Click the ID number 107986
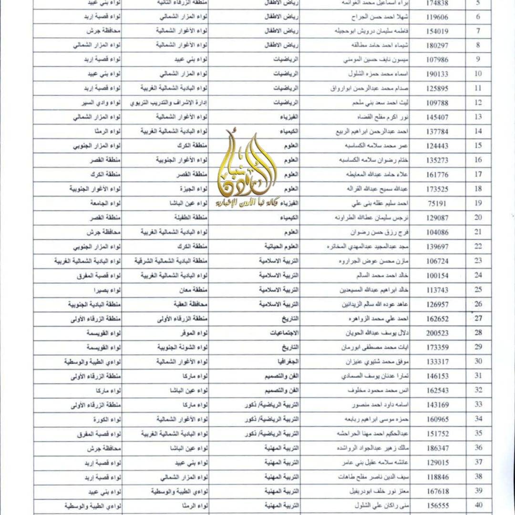click(437, 60)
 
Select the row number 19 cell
click(479, 203)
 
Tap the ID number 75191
click(437, 203)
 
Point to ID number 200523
click(437, 332)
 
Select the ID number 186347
click(437, 447)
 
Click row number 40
click(479, 505)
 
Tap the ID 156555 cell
click(437, 505)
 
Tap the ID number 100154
click(437, 275)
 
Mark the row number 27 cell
click(479, 318)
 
